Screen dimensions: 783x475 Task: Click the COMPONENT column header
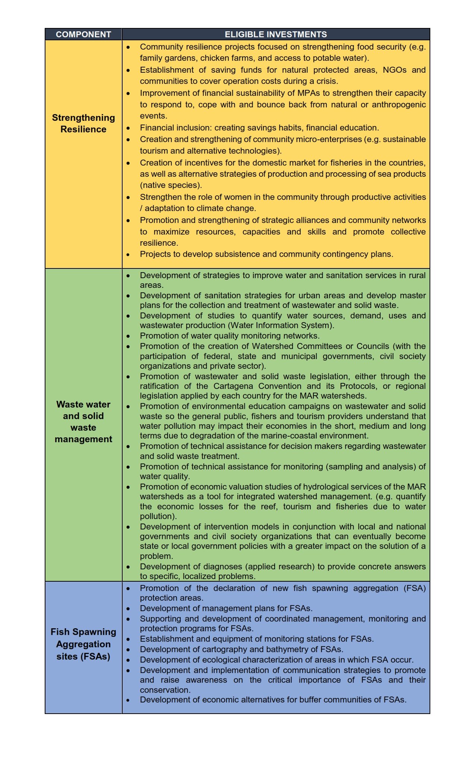tap(83, 34)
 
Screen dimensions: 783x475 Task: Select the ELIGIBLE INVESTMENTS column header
tap(276, 34)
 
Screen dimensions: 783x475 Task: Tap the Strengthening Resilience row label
tap(83, 123)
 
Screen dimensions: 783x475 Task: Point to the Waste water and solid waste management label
tap(83, 422)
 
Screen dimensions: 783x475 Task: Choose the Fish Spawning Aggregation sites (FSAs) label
tap(83, 644)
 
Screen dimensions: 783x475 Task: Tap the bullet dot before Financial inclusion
tap(128, 128)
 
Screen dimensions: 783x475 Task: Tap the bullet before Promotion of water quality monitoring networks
tap(128, 336)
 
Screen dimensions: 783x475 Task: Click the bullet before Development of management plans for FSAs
tap(128, 609)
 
